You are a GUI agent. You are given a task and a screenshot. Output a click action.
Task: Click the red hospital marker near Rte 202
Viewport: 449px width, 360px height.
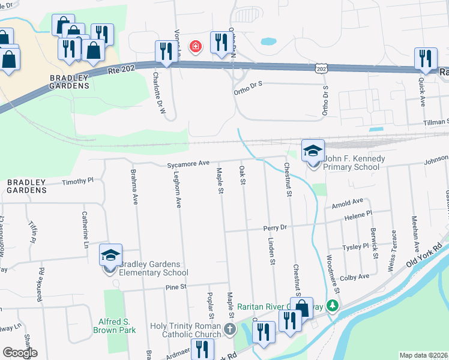[x=194, y=46]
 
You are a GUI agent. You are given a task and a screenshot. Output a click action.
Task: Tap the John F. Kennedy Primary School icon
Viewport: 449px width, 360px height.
[x=313, y=151]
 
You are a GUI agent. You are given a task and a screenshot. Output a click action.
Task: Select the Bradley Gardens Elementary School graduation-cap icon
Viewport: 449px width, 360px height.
[x=110, y=256]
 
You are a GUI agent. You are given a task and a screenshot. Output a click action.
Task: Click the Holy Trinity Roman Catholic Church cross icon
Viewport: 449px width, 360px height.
[x=229, y=329]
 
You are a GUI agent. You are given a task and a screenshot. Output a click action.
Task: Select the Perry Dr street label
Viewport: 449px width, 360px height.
[x=276, y=228]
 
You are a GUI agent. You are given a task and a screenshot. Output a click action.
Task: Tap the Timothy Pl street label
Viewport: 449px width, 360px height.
[x=78, y=180]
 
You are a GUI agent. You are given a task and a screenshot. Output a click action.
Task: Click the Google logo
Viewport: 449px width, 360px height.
[x=20, y=353]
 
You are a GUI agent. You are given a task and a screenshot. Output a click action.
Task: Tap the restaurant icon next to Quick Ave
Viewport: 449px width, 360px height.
[x=425, y=59]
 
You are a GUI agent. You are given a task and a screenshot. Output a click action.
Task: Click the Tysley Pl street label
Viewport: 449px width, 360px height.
[x=355, y=247]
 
